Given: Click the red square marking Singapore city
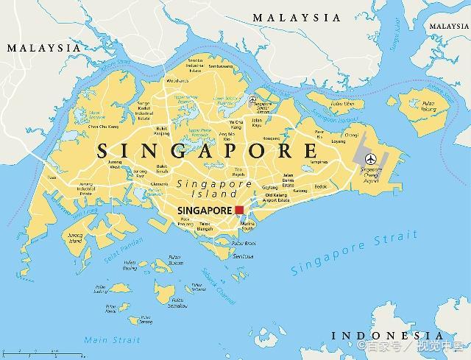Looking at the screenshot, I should (x=239, y=210).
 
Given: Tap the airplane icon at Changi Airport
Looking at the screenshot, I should (x=369, y=158).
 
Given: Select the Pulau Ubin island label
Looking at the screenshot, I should (x=341, y=104).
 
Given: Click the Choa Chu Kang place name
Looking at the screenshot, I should (x=104, y=127).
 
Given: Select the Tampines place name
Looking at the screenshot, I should (x=318, y=162).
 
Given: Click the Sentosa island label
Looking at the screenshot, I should (x=244, y=256).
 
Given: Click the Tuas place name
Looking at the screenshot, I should (x=51, y=177).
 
